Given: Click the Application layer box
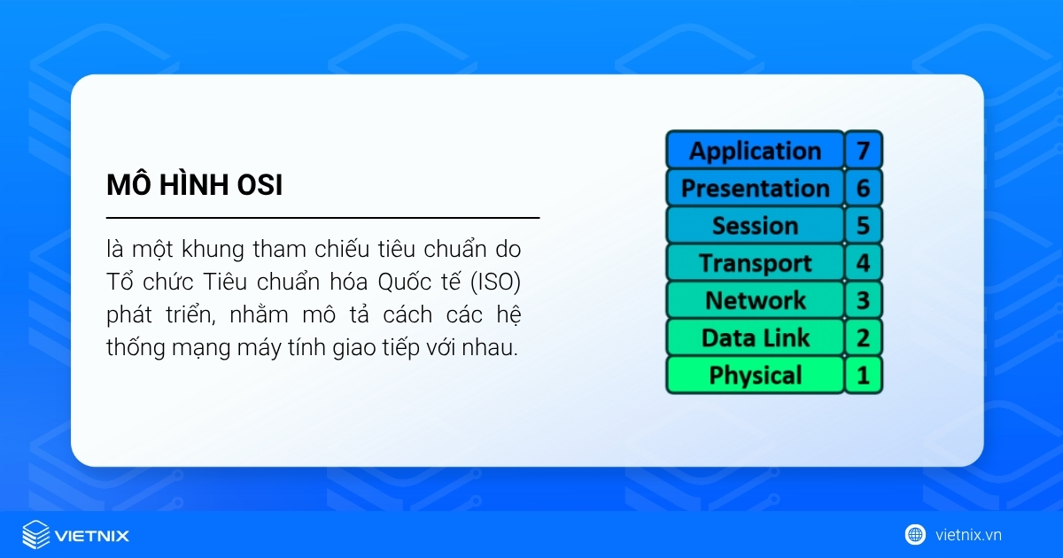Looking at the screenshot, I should (x=755, y=151).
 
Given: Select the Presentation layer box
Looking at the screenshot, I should (x=755, y=188).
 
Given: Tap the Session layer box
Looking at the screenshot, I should (x=755, y=226).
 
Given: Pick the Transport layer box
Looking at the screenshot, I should (x=755, y=263).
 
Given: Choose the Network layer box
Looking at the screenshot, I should (x=755, y=300).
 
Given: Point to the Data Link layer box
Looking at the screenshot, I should (x=755, y=337).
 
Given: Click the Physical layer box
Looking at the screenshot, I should (x=755, y=375).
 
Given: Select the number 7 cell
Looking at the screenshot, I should (x=863, y=151).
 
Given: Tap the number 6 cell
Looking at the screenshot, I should (x=863, y=188).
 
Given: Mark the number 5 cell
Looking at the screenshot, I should (x=863, y=226).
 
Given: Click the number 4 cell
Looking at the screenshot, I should (x=863, y=263).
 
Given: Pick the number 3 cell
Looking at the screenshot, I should (x=863, y=300).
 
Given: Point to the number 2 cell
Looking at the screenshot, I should (x=863, y=337).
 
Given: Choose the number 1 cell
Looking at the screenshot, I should (x=863, y=375).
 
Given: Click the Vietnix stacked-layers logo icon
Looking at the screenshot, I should (x=35, y=535).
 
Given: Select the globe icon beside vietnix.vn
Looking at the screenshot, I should (x=915, y=534).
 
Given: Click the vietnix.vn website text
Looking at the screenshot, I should (x=968, y=535).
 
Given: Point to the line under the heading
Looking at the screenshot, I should (x=322, y=217).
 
